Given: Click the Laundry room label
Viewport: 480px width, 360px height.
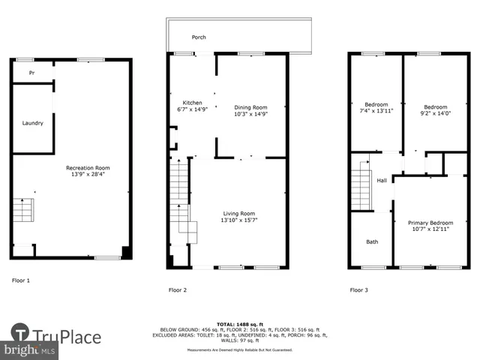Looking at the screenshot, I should coord(32,123).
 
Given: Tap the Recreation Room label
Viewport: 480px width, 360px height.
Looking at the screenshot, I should coord(88,167).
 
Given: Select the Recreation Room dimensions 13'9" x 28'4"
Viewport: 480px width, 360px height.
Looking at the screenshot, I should coord(88,174).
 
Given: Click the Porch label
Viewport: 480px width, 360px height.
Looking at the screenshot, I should coord(199,37).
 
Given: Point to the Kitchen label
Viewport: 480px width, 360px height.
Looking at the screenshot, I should coord(193,103).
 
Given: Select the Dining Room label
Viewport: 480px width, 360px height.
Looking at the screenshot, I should coord(250,107).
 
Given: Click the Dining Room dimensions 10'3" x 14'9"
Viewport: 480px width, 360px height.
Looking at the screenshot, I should coord(250,114).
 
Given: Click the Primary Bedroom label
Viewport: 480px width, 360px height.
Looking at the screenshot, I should coord(430,223).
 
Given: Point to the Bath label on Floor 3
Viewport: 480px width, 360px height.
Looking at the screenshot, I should coord(372,241).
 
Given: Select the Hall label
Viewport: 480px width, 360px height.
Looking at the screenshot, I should coord(382,181).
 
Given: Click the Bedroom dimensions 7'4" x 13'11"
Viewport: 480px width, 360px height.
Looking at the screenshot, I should coord(376,111).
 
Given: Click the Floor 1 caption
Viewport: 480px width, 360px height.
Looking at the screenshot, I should coord(21,280).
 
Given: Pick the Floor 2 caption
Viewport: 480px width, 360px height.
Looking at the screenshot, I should coord(178,289).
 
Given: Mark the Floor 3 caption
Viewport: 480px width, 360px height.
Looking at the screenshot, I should coord(358,289).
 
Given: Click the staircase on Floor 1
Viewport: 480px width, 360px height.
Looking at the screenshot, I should coord(23,211).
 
